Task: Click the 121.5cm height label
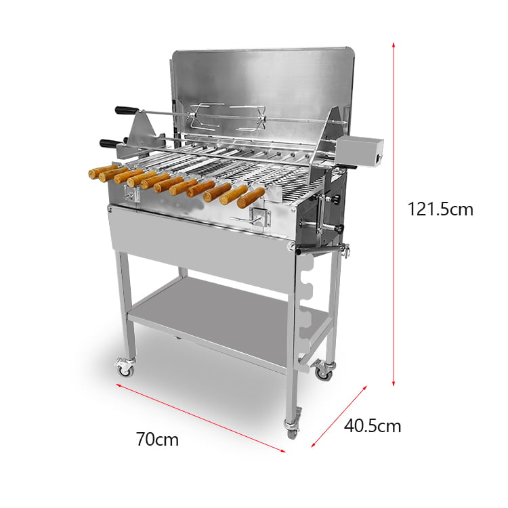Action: [440, 209]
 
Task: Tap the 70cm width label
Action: [157, 440]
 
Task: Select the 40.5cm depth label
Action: [373, 426]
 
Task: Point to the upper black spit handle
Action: [127, 110]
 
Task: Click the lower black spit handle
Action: [110, 143]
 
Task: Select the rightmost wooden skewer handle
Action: [251, 198]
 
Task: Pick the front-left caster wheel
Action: [125, 368]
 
